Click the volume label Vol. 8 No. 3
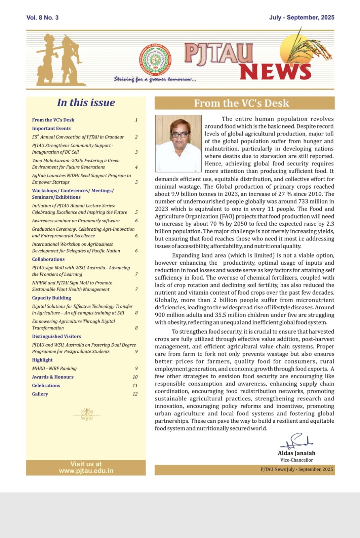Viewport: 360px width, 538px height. pyautogui.click(x=42, y=17)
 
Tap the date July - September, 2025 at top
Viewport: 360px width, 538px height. pyautogui.click(x=302, y=17)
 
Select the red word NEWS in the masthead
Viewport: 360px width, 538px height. pyautogui.click(x=275, y=72)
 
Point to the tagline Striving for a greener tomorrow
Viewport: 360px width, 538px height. pyautogui.click(x=155, y=79)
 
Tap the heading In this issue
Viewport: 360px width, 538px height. pyautogui.click(x=86, y=103)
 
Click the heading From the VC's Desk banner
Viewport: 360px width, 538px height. pyautogui.click(x=241, y=103)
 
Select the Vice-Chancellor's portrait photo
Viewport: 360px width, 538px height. pyautogui.click(x=178, y=144)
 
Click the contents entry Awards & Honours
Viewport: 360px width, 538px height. pyautogui.click(x=53, y=377)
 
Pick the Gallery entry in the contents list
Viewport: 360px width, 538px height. pyautogui.click(x=40, y=394)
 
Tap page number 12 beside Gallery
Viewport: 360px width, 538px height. pyautogui.click(x=135, y=394)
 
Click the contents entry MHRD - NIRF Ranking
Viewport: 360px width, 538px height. pyautogui.click(x=54, y=369)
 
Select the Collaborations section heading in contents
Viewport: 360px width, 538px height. pyautogui.click(x=48, y=259)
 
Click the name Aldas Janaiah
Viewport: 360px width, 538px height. pyautogui.click(x=296, y=453)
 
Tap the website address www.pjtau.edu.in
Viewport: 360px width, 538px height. pyautogui.click(x=86, y=471)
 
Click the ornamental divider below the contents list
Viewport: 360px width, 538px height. pyautogui.click(x=87, y=415)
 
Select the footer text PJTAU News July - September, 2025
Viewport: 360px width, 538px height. pyautogui.click(x=296, y=469)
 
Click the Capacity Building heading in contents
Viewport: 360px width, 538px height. pyautogui.click(x=51, y=298)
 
